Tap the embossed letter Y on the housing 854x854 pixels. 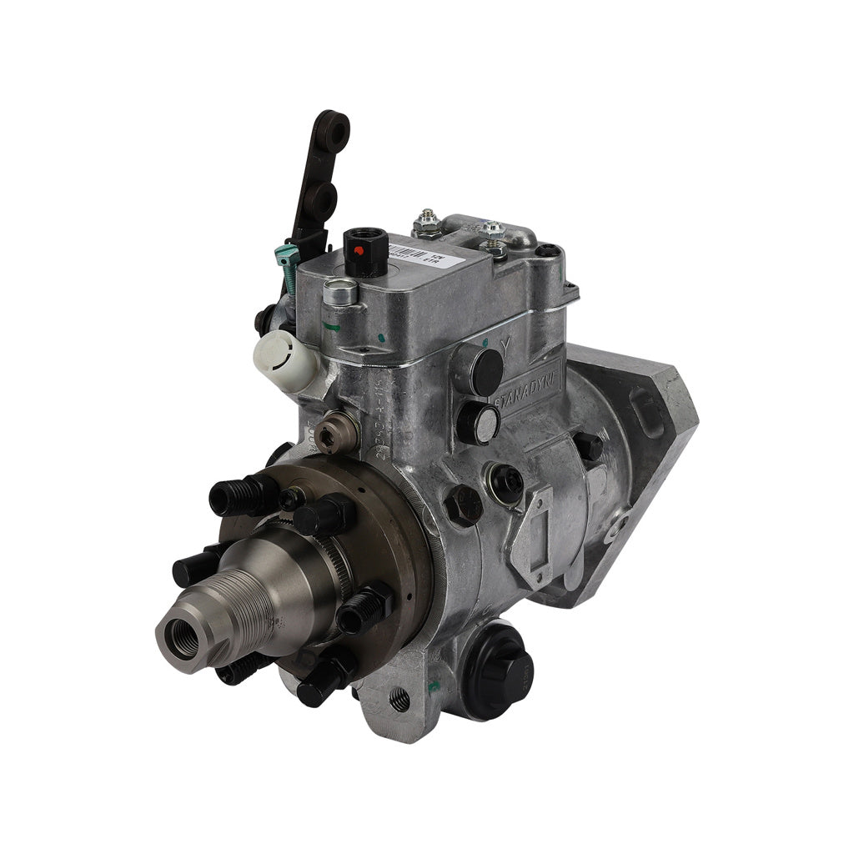pyautogui.click(x=505, y=344)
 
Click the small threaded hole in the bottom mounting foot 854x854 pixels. pyautogui.click(x=399, y=700)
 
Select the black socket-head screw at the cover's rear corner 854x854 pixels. pyautogui.click(x=545, y=249)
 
